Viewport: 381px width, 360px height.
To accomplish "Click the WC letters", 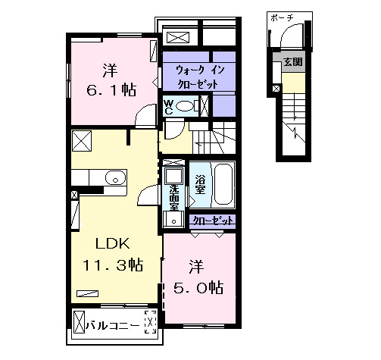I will tap(169, 106).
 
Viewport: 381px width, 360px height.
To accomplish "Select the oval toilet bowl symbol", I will tap(186, 107).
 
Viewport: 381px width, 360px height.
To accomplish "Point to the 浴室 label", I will tap(200, 186).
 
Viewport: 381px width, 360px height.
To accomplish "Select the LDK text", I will tap(114, 243).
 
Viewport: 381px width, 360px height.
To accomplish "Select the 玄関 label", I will tap(292, 62).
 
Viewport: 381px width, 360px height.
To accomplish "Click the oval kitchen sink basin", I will tap(114, 178).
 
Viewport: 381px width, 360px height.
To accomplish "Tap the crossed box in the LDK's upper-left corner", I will tap(81, 139).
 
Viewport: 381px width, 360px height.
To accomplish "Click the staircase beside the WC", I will tap(212, 140).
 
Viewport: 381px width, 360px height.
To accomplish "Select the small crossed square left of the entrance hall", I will tap(276, 89).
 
